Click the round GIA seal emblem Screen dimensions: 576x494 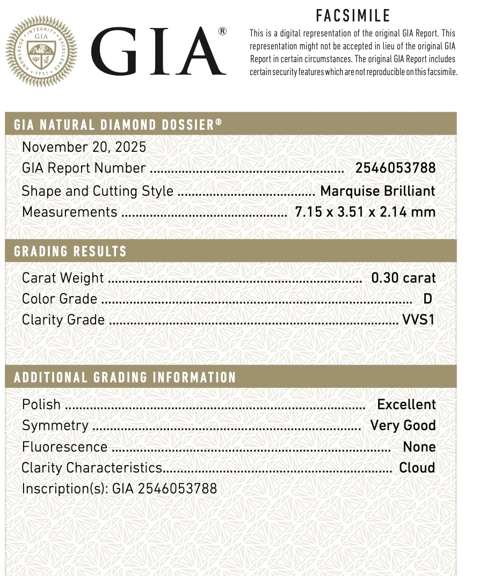point(41,52)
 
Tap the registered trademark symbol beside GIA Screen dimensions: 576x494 point(222,32)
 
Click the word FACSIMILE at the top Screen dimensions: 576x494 point(353,16)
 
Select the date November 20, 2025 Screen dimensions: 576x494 point(84,147)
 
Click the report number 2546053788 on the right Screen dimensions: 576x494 point(395,168)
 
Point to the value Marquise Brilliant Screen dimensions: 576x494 point(377,191)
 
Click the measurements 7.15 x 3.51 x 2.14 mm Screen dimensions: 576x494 point(365,212)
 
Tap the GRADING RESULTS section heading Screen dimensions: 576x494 point(70,251)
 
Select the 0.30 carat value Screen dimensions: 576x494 point(403,278)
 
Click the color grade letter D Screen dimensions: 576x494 point(427,299)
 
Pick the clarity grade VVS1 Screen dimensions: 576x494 point(418,320)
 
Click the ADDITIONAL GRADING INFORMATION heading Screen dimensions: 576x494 point(125,377)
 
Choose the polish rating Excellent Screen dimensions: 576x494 point(406,404)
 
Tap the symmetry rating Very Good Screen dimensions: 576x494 point(403,425)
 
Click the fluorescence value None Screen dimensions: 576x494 point(419,447)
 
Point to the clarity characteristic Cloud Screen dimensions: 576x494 point(417,468)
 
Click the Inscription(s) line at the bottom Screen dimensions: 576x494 point(119,489)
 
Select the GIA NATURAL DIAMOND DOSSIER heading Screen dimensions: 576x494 point(118,125)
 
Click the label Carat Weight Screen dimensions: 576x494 point(63,278)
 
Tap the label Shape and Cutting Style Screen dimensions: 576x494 point(98,191)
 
